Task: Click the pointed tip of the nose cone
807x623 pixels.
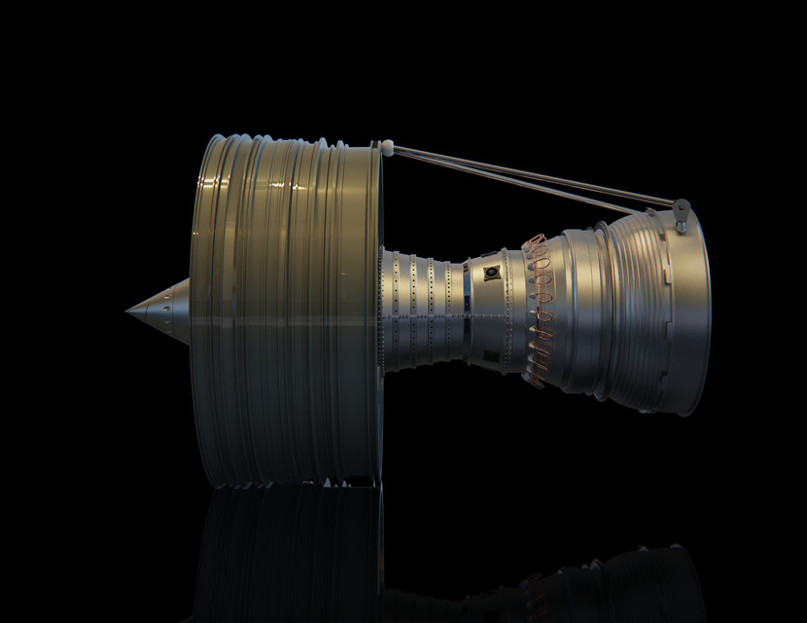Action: coord(127,311)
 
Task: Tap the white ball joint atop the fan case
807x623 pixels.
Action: coord(388,146)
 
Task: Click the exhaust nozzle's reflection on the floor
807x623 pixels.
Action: coord(622,584)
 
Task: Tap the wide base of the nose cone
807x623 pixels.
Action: coord(186,311)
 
